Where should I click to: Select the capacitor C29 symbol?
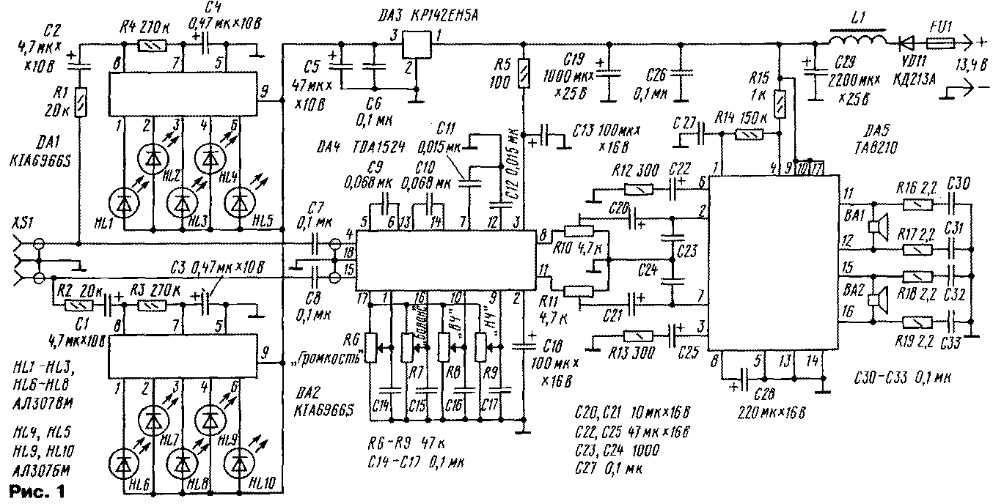pos(813,74)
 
